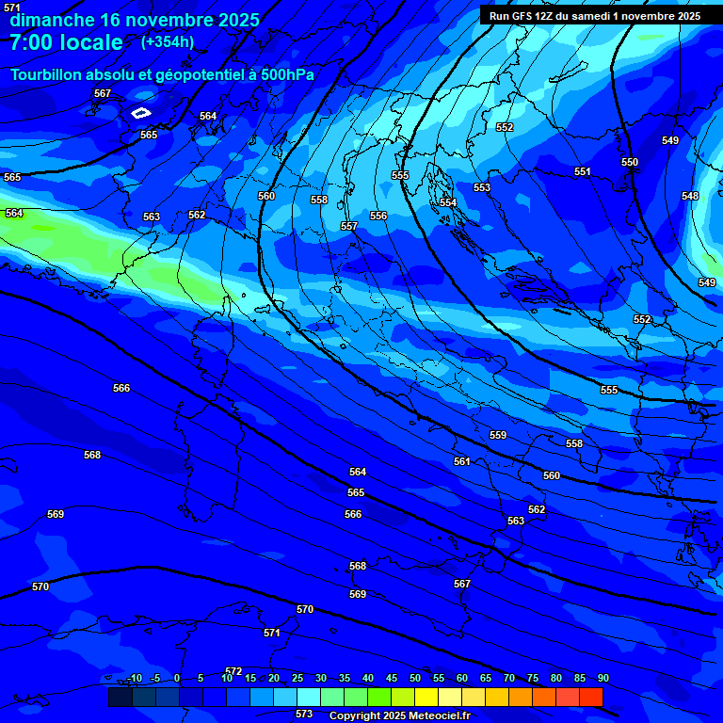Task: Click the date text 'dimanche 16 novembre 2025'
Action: [x=135, y=19]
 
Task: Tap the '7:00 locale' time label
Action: [x=66, y=42]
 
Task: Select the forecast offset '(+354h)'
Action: [x=168, y=41]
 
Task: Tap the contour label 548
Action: [x=690, y=196]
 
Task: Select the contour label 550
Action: [x=630, y=162]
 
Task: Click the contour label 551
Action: [x=583, y=171]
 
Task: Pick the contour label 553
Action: [x=482, y=187]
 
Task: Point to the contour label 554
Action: [x=448, y=202]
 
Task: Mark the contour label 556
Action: [x=378, y=216]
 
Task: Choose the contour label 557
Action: [x=349, y=226]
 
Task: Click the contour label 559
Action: [x=498, y=435]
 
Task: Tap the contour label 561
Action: [x=462, y=461]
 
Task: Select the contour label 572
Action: [x=233, y=671]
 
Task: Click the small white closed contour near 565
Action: [x=140, y=113]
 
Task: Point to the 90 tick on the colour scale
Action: [x=602, y=678]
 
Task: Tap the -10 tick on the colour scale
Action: [x=135, y=678]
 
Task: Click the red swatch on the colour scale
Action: [x=590, y=697]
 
